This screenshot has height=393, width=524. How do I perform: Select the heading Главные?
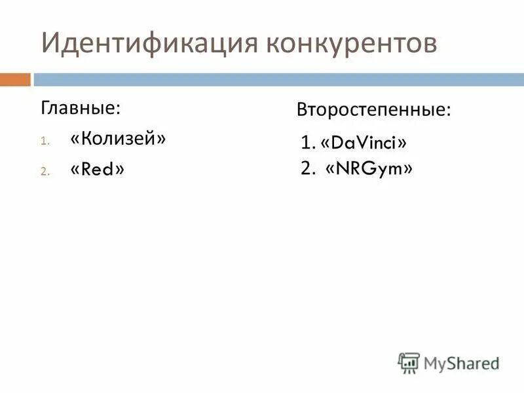[x=81, y=107]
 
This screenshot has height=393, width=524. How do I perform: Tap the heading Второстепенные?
[x=374, y=109]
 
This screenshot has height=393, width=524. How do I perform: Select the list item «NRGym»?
[x=369, y=169]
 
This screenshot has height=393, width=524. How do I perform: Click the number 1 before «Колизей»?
[x=44, y=141]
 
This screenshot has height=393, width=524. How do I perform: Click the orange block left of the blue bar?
[x=15, y=80]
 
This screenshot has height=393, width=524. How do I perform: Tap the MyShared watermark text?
[x=461, y=362]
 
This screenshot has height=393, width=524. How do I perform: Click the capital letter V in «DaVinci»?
[x=355, y=142]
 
